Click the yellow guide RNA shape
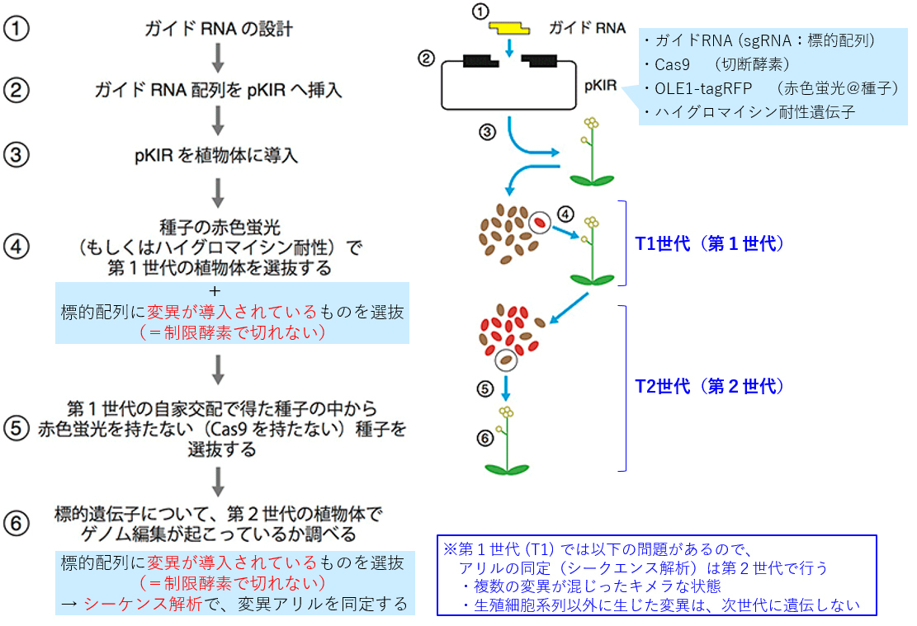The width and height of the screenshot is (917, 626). [508, 27]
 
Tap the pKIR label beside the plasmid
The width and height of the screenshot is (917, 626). [601, 86]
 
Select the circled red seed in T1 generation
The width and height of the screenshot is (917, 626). [539, 222]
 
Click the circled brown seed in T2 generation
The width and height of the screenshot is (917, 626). [506, 360]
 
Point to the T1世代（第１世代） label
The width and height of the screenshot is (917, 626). [709, 243]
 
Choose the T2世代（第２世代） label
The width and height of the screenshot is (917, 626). [709, 386]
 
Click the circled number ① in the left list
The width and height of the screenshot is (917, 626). [17, 29]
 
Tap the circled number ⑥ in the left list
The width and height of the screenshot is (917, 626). [17, 523]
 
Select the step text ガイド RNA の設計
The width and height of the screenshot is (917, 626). [218, 29]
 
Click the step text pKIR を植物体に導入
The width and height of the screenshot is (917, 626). [216, 156]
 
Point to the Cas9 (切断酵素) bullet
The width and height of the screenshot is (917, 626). [716, 64]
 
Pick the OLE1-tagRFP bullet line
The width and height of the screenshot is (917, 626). [771, 88]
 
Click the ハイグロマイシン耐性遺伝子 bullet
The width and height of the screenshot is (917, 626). [749, 111]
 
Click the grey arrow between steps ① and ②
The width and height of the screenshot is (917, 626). [218, 58]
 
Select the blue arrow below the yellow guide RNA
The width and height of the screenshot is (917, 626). [509, 47]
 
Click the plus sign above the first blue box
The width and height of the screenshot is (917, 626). [215, 290]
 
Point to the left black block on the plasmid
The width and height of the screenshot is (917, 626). [480, 61]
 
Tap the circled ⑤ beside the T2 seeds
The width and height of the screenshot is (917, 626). [484, 388]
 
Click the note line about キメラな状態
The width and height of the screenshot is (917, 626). [591, 586]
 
